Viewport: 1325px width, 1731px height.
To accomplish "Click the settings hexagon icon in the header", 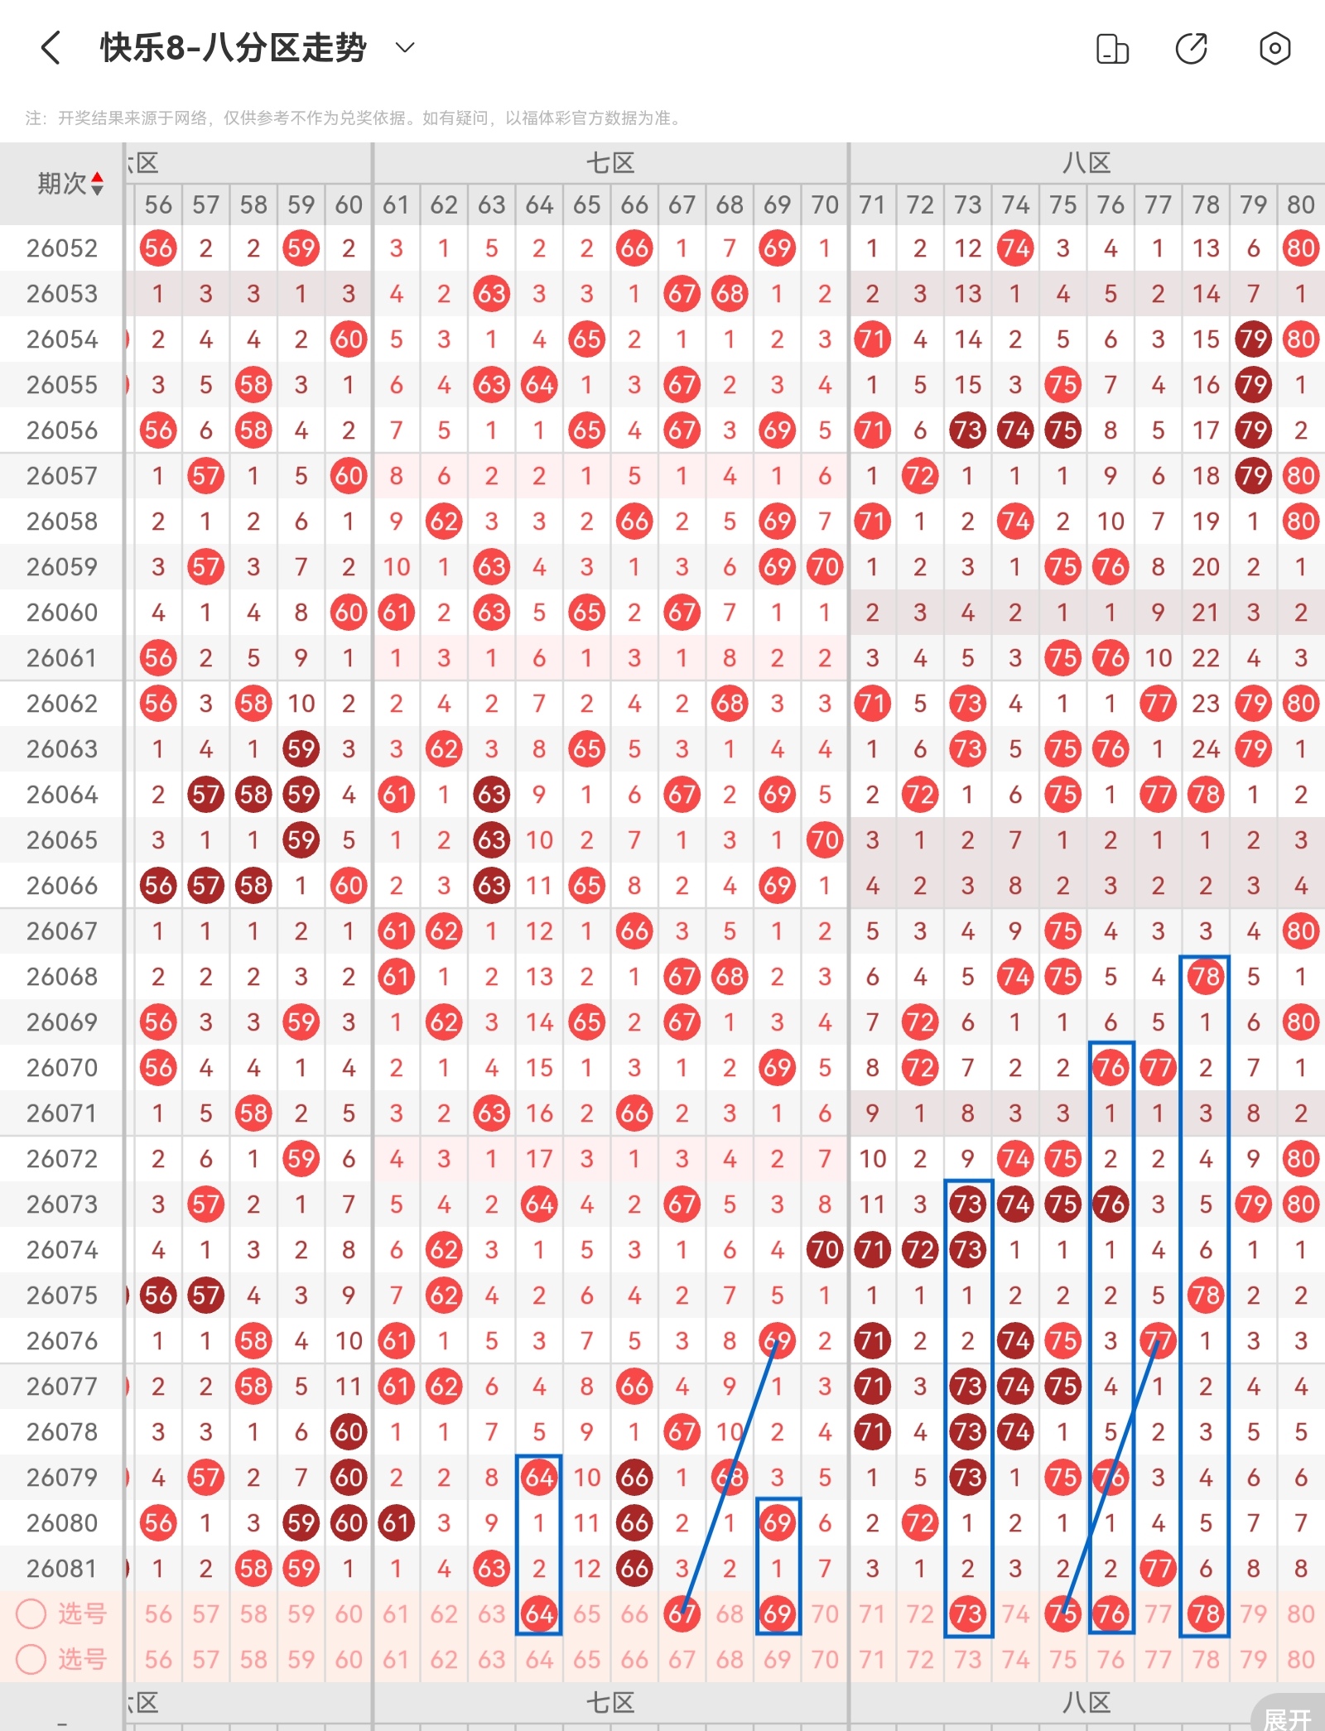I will click(x=1274, y=48).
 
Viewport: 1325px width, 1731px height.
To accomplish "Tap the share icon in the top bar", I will click(x=1192, y=48).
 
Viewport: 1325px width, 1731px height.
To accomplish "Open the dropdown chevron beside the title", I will click(x=405, y=48).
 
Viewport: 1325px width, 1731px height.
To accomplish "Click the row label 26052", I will click(x=62, y=248).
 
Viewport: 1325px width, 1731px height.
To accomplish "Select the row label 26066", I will click(x=62, y=886).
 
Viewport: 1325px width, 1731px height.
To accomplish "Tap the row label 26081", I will click(x=62, y=1569).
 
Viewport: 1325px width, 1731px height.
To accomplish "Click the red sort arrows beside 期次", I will click(x=98, y=183).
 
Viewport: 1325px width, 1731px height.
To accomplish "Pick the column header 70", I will click(x=825, y=204).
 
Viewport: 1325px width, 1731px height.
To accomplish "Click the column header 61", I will click(x=396, y=204).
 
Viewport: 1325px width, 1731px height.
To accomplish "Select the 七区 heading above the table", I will click(x=610, y=163).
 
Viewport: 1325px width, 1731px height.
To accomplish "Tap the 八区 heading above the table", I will click(x=1086, y=163).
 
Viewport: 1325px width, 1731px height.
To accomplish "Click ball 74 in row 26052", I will click(x=1015, y=248).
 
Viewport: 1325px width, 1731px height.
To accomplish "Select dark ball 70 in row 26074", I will click(x=825, y=1250).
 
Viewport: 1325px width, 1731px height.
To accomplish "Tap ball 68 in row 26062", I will click(x=730, y=704).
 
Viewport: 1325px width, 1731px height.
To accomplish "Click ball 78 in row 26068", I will click(x=1206, y=977).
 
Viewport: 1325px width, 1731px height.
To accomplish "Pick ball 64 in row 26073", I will click(x=539, y=1204).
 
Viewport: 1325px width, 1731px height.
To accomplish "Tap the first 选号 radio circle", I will click(x=31, y=1613).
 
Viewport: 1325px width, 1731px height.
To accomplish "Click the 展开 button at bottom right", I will click(x=1288, y=1718).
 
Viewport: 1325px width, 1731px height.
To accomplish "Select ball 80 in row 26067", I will click(x=1300, y=931).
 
